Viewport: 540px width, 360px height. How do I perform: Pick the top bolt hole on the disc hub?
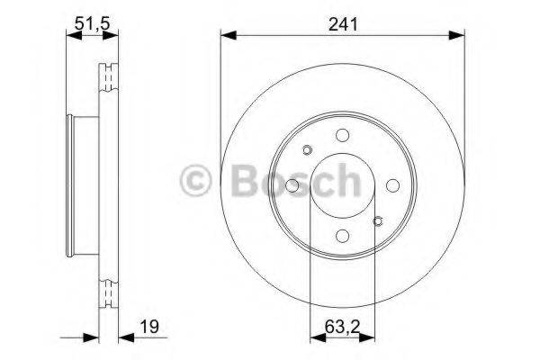point(343,135)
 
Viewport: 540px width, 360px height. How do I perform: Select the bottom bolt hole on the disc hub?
point(343,235)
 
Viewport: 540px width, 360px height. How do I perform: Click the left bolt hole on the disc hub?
point(293,185)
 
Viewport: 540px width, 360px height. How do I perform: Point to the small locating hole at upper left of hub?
point(307,150)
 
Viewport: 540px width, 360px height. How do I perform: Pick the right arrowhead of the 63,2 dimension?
point(370,338)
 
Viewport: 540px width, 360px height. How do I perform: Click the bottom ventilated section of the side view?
point(109,292)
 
